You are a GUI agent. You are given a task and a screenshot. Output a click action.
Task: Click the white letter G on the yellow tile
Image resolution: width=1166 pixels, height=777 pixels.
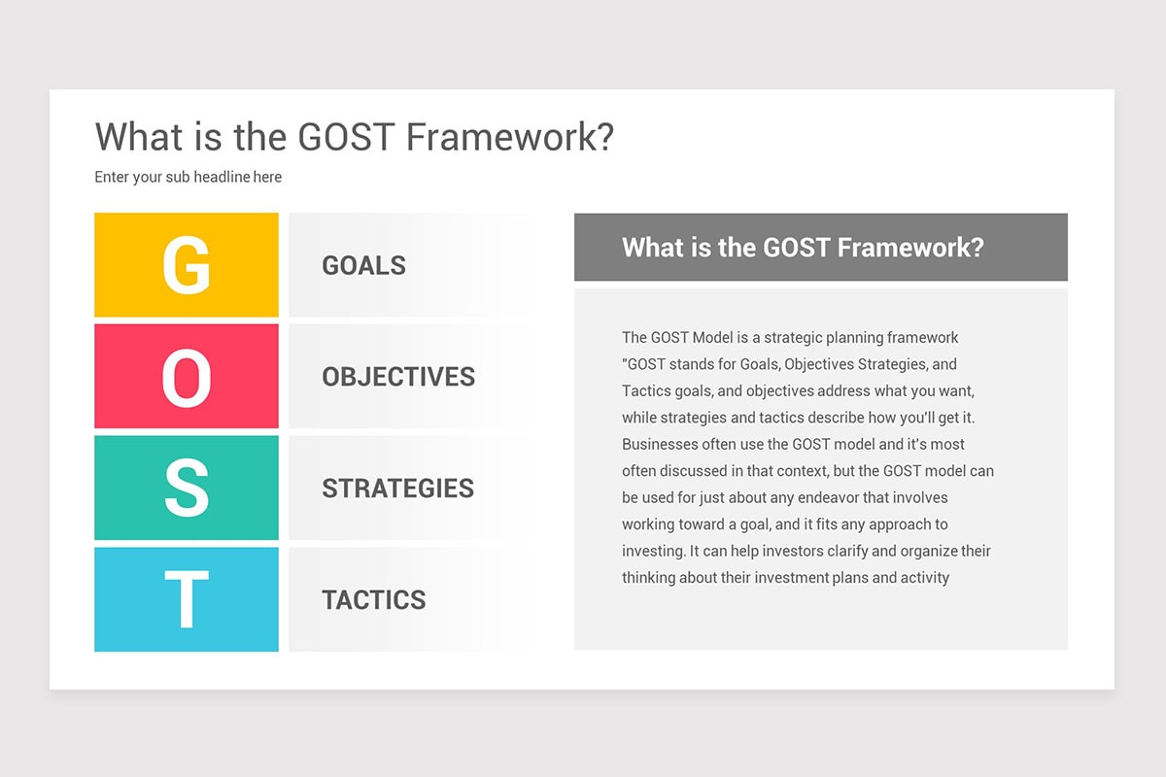[186, 265]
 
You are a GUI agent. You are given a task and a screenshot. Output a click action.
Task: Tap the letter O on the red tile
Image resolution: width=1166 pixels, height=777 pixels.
[186, 377]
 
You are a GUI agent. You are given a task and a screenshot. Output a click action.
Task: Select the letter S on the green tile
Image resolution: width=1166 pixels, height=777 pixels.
[186, 488]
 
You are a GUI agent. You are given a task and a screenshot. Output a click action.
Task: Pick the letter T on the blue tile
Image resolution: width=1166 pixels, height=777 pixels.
[186, 599]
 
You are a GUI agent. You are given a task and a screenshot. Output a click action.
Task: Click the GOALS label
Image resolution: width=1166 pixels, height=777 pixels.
[363, 265]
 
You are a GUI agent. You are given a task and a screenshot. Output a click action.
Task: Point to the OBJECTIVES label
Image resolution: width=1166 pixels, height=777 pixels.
[398, 377]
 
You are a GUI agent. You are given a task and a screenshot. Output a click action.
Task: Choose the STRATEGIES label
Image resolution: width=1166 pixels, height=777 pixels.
[397, 488]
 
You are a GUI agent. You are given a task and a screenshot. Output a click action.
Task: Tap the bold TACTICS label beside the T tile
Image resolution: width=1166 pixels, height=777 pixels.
[373, 599]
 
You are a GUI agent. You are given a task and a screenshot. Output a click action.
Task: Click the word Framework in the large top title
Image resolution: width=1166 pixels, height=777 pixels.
[509, 137]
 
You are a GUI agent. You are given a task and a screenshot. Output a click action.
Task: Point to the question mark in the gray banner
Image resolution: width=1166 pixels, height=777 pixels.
[976, 247]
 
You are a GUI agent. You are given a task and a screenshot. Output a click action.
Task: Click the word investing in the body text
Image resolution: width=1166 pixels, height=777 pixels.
[653, 551]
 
